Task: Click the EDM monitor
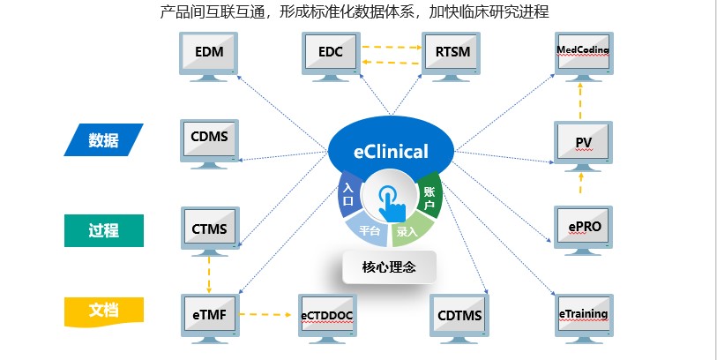click(x=208, y=54)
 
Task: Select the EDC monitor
click(x=331, y=54)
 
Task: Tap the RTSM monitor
click(x=451, y=54)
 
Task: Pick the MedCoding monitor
click(x=584, y=54)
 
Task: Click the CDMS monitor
click(x=209, y=141)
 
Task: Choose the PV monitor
click(x=583, y=143)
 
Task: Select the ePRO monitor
click(x=584, y=228)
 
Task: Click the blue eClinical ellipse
click(x=392, y=150)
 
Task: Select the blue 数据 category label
click(x=103, y=140)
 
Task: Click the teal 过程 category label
click(x=104, y=230)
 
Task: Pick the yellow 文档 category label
click(x=104, y=311)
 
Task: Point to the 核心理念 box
click(x=389, y=266)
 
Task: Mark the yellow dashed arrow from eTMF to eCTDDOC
click(x=265, y=314)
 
